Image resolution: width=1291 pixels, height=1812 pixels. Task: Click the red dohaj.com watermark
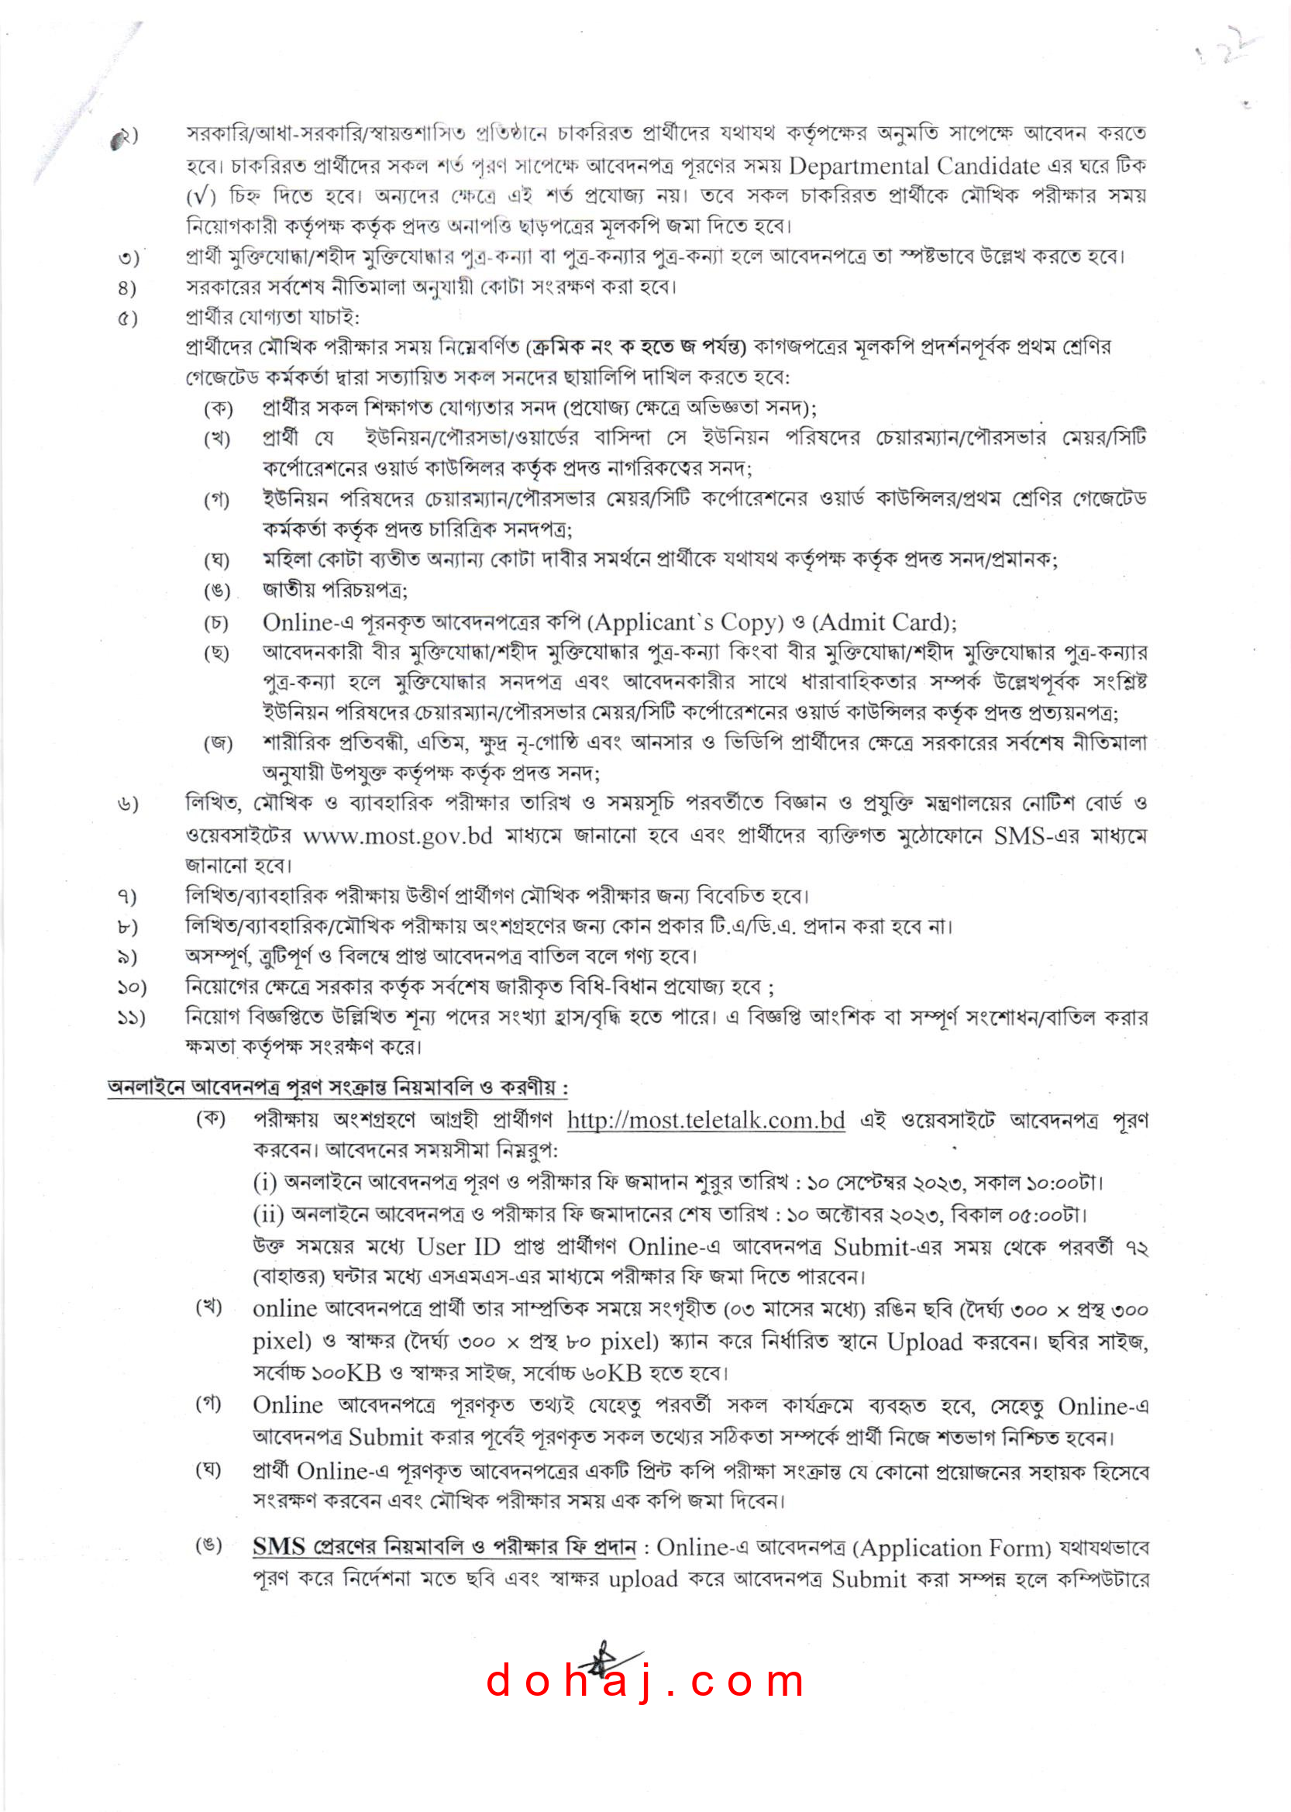tap(645, 1683)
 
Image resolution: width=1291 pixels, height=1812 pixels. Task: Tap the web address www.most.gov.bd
tap(398, 835)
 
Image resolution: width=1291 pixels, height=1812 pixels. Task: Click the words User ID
tap(453, 1247)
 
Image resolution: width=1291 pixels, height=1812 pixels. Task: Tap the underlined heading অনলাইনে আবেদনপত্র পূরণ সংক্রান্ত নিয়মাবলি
tap(338, 1087)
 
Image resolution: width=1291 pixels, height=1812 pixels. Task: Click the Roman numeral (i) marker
tap(265, 1183)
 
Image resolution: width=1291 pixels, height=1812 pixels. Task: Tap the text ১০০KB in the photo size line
tap(345, 1373)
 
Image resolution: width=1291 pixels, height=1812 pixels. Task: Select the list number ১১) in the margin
tap(131, 1018)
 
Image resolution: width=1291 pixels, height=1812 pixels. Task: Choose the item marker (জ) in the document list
tap(218, 743)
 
